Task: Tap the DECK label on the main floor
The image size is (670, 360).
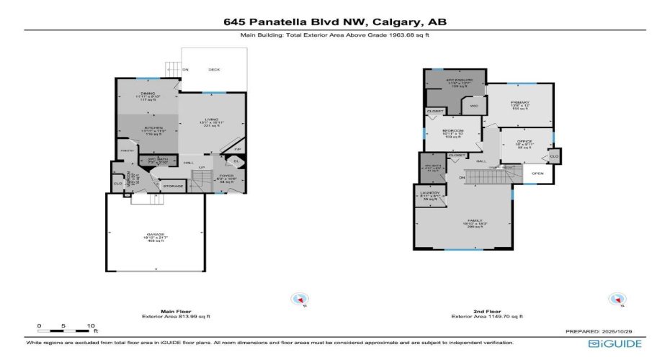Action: pos(214,70)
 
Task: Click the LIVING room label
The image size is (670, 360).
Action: pos(211,120)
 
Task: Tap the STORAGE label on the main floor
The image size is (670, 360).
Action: pos(173,186)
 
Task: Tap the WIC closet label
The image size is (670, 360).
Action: pos(473,107)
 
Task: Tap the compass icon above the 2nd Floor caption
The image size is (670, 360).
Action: pos(616,299)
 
